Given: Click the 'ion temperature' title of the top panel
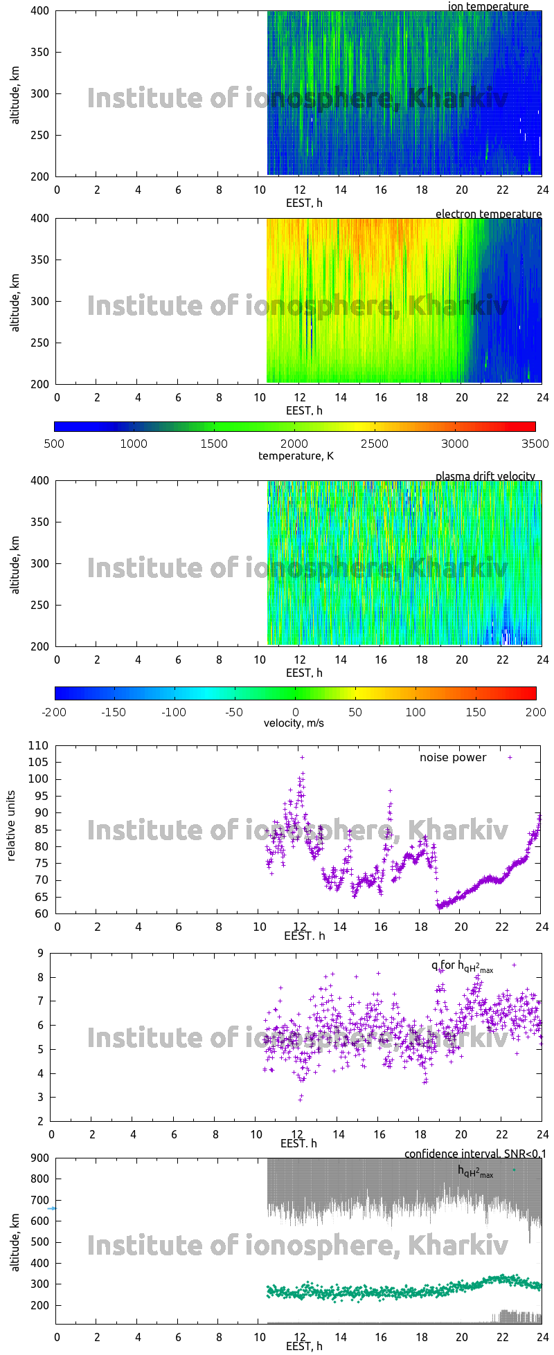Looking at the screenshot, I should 488,7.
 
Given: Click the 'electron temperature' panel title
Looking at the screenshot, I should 488,214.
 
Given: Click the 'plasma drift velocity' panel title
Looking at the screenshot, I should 485,476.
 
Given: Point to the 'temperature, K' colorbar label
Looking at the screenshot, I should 296,455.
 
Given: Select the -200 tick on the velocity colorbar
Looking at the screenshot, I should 55,711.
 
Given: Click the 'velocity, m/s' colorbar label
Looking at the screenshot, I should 294,723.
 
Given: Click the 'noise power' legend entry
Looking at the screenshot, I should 453,757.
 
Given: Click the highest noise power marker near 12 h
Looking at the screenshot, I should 302,757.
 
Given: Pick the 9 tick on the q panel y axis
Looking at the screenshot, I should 41,953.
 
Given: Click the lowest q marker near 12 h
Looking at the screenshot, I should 300,1100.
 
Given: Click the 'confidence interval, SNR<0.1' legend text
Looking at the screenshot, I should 475,1154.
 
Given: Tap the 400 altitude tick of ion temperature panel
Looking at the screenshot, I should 39,11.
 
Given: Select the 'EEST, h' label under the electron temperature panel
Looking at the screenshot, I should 304,410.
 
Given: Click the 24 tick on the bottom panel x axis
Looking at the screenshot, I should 542,1338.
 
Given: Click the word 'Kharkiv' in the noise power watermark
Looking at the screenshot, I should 458,830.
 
